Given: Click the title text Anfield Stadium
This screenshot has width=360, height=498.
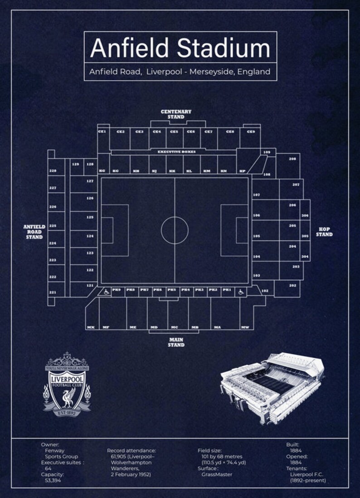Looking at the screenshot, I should (180, 48).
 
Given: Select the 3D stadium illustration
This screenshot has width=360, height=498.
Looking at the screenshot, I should (272, 387).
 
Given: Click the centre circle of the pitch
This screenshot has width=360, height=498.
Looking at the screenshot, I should (175, 230).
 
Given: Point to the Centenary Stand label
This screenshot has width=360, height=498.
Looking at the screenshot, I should (176, 114).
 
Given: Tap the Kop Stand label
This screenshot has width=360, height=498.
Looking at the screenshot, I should (324, 232).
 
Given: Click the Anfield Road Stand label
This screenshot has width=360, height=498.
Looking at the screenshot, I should (34, 232).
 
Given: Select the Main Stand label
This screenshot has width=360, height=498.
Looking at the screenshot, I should (176, 342).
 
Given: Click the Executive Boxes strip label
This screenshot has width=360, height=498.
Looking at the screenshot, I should (176, 152).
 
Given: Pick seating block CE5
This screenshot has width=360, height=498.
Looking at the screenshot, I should (174, 132).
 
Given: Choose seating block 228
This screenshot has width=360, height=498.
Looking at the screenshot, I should (53, 171).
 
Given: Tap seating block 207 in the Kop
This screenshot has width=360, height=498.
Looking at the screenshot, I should (296, 185).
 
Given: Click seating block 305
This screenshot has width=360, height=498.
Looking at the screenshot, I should (305, 236).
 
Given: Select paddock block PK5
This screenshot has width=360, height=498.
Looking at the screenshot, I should (171, 290).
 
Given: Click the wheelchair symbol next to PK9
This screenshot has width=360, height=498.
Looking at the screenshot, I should (105, 292).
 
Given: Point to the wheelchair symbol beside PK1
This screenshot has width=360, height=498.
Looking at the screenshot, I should (241, 292).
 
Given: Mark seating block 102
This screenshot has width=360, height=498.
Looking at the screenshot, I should (265, 290).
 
